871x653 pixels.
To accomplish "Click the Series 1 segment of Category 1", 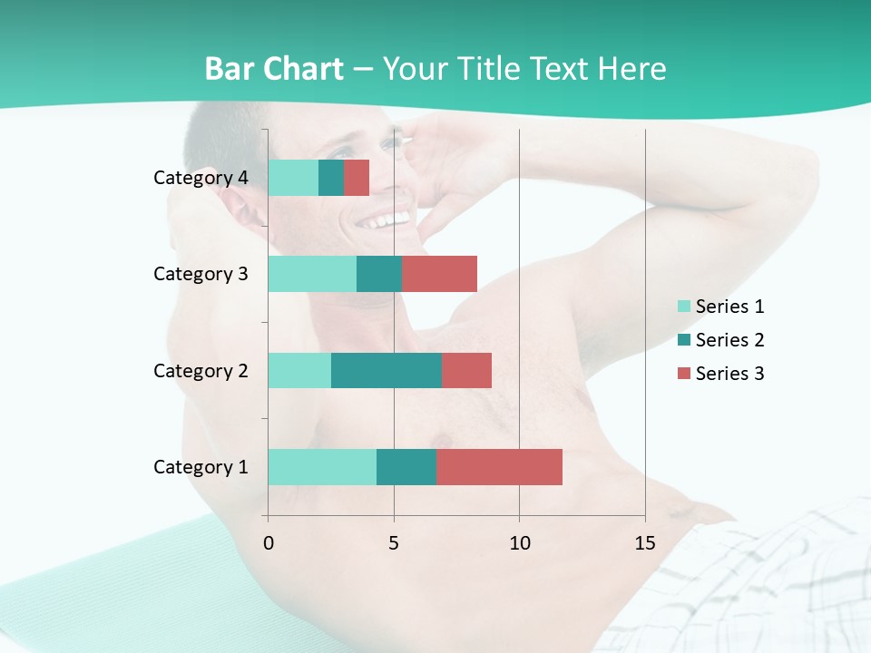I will click(x=322, y=467).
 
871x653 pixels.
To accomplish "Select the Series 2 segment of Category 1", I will click(x=406, y=467).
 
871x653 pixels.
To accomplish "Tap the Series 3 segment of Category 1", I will click(x=499, y=467).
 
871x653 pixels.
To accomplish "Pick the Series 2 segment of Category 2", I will click(x=387, y=370).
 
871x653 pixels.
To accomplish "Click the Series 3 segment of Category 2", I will click(x=466, y=370).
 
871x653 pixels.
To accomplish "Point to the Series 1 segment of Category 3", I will click(x=312, y=274).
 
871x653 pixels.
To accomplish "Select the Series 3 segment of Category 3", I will click(x=439, y=274).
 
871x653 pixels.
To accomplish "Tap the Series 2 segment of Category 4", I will click(x=331, y=178).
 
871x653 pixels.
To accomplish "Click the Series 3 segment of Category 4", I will click(x=357, y=178).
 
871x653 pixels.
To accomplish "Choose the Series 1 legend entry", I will click(x=721, y=307).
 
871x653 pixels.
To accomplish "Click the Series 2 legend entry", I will click(x=721, y=340).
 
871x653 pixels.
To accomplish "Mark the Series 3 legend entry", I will click(x=721, y=374).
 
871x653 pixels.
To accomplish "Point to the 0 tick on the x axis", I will click(x=268, y=543).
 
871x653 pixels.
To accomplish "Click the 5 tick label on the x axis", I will click(x=394, y=543).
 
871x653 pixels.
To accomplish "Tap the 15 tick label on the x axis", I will click(x=644, y=543).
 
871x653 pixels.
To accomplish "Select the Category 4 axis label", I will click(x=201, y=178).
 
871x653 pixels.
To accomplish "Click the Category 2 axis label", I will click(x=201, y=370).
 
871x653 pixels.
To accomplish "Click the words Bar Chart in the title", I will click(x=274, y=69).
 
